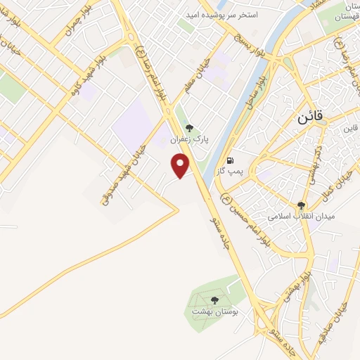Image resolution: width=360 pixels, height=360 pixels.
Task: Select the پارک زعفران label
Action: pyautogui.click(x=188, y=140)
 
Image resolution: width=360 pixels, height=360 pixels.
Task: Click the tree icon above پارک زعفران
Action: pyautogui.click(x=188, y=128)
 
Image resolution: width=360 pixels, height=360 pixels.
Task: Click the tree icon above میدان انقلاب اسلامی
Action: pyautogui.click(x=302, y=205)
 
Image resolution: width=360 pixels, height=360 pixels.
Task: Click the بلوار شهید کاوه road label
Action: pyautogui.click(x=85, y=70)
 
